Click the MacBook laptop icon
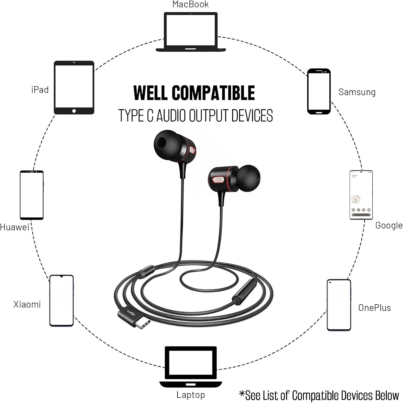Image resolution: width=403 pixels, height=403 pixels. [x=190, y=32]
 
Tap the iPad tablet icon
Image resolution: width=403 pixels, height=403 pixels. [x=74, y=88]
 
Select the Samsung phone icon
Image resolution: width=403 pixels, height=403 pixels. [x=319, y=91]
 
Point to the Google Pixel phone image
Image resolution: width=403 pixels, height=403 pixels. [x=361, y=195]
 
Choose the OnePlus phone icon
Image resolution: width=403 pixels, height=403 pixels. [x=339, y=305]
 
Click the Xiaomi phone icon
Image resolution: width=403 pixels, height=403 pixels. [x=62, y=300]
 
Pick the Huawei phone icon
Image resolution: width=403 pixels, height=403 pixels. [x=32, y=195]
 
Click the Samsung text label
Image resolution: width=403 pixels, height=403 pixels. [x=357, y=92]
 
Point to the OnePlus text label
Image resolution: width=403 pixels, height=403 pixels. [x=374, y=308]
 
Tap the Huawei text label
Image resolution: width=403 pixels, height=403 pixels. [x=15, y=227]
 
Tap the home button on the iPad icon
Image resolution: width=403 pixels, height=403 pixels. [x=74, y=111]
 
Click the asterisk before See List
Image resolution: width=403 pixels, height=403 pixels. [x=242, y=394]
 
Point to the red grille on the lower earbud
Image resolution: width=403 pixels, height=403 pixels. [x=218, y=179]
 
